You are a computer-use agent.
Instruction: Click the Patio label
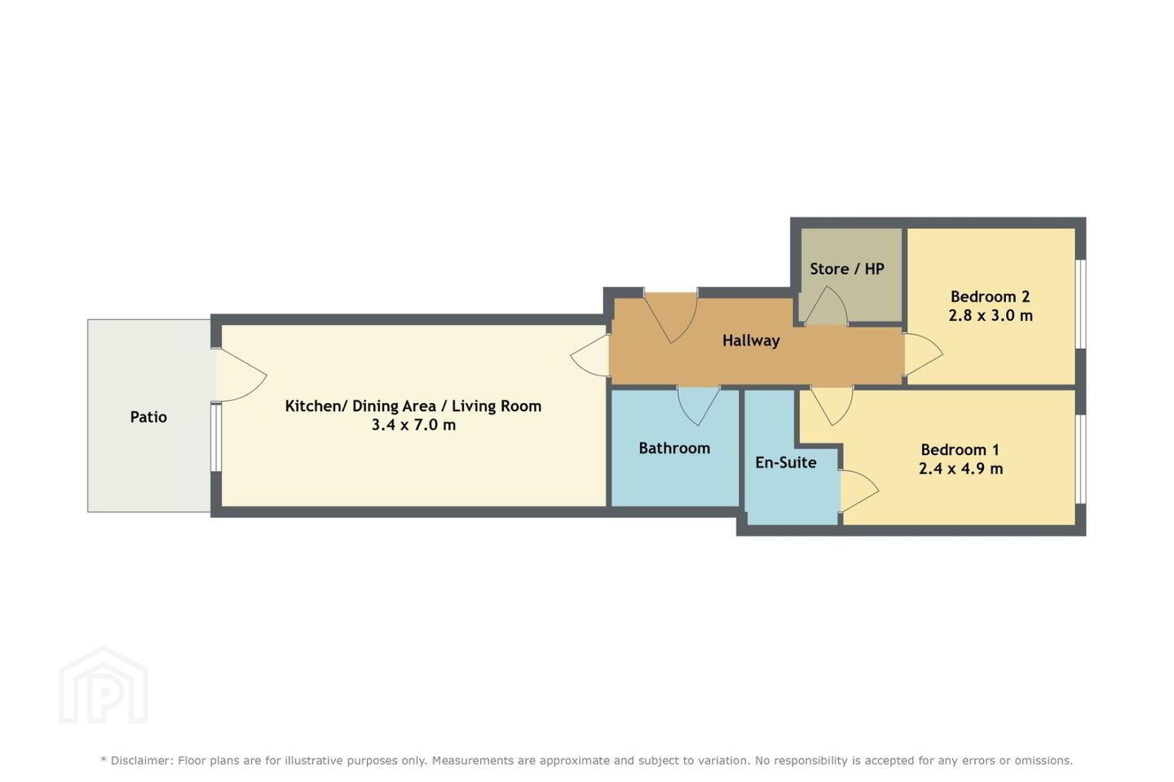click(x=148, y=417)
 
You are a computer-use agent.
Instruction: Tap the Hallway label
click(x=751, y=341)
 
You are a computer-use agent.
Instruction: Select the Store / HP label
click(x=847, y=269)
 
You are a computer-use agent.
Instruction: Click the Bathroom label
click(x=674, y=448)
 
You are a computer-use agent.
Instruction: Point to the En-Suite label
click(x=786, y=462)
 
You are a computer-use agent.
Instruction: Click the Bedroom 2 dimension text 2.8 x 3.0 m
click(x=991, y=315)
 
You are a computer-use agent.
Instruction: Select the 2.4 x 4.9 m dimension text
click(x=960, y=468)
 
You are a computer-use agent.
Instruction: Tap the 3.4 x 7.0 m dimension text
click(x=413, y=424)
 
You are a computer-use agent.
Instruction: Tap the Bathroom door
click(x=699, y=406)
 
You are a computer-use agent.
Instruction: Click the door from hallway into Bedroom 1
click(x=832, y=406)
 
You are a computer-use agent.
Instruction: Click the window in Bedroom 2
click(x=1081, y=305)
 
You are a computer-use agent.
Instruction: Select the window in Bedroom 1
click(x=1081, y=459)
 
